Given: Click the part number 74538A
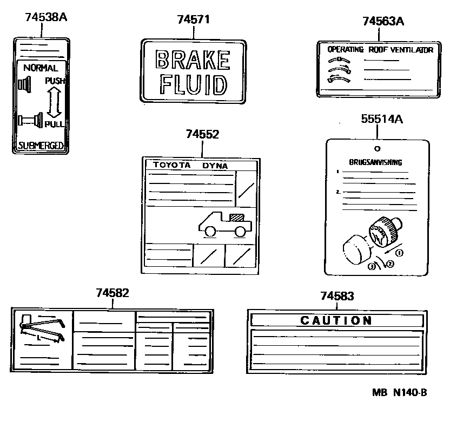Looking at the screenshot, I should (x=46, y=17).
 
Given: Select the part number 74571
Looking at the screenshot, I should (x=193, y=19).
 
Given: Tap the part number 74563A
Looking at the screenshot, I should (x=383, y=21).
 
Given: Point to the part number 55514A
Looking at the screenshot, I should (x=382, y=120).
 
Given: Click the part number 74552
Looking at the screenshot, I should (x=202, y=134).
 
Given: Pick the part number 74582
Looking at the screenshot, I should (x=112, y=293).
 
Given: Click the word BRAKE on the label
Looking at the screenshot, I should (x=193, y=60).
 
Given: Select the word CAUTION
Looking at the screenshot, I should (x=336, y=320).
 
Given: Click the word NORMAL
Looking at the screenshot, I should (x=40, y=69).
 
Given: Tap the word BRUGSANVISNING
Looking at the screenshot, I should (x=375, y=162).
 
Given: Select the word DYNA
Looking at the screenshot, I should (x=215, y=166).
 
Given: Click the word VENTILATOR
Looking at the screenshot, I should (x=413, y=50).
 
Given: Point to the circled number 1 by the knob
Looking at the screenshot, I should (x=399, y=253).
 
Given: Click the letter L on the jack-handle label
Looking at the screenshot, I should (x=38, y=337).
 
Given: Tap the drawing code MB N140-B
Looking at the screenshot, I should (x=399, y=392).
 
